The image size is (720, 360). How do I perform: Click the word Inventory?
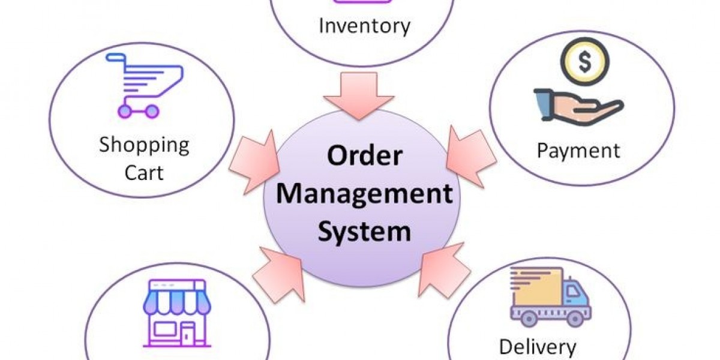coord(364,26)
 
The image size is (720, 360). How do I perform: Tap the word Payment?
coord(578,150)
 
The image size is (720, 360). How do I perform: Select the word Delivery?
coord(537,347)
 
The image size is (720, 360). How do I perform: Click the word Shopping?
coord(144,145)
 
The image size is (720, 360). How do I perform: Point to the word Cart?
coord(144,173)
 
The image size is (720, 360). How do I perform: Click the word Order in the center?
coord(365,156)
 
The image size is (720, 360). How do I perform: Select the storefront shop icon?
coord(177,313)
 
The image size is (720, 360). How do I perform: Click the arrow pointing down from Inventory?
coord(358,95)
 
